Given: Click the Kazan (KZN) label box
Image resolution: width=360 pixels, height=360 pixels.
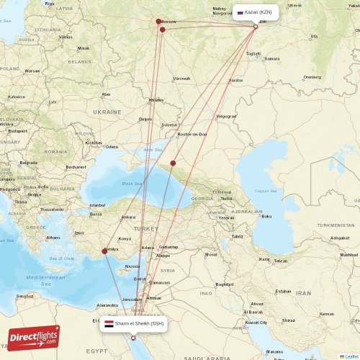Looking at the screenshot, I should coord(255,12).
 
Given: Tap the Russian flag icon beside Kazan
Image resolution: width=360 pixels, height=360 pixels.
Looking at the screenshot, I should coord(240,12).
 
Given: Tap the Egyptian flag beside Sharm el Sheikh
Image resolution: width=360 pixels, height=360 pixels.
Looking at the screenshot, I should coord(108,324).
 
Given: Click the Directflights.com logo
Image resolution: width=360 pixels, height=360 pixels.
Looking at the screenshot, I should coord(35,337).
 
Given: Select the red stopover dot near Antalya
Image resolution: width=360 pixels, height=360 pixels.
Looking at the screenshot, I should coord(105,251).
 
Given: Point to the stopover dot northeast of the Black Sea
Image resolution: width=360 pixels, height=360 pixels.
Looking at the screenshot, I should coord(173,163).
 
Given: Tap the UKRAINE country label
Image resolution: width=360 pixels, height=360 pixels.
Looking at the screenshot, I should coord(108,112).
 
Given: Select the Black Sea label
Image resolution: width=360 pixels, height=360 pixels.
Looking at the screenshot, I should coord(132,184).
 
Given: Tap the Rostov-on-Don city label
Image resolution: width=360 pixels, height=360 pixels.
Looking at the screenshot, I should coord(192,134).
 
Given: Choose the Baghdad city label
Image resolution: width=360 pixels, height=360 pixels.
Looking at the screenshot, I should coord(224,284).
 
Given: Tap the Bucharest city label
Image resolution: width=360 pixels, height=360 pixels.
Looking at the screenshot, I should coord(75,166).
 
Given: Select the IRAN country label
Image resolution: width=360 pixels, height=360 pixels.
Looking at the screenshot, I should coord(303,294).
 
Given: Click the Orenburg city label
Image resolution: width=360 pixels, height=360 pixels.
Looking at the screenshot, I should coord(312,76).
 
